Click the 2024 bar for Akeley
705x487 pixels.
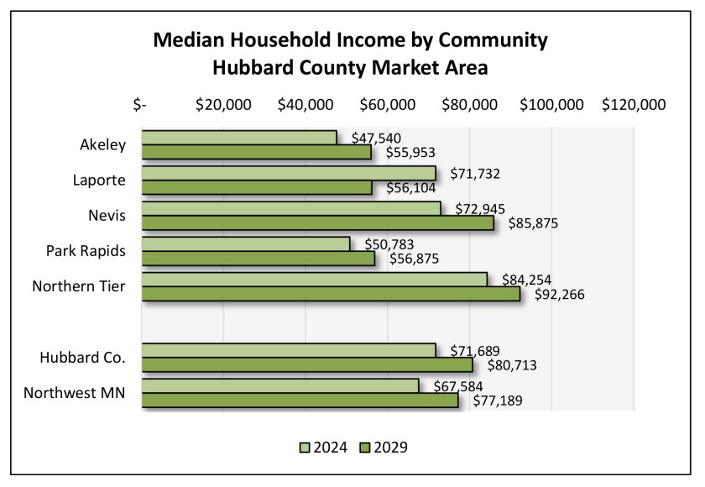coord(239,138)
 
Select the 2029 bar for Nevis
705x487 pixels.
coord(317,223)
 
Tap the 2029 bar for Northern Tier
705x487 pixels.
coord(331,295)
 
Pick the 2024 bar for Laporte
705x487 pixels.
coord(289,173)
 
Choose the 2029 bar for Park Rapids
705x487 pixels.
coord(258,259)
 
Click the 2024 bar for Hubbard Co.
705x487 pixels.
coord(289,351)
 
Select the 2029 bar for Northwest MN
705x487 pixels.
coord(300,401)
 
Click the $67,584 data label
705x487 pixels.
coord(458,385)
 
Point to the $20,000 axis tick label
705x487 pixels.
coord(223,105)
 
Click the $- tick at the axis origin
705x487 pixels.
coord(140,105)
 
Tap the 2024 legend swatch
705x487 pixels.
coord(305,448)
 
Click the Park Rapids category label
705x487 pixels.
coord(86,251)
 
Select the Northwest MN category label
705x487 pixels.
coord(76,393)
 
